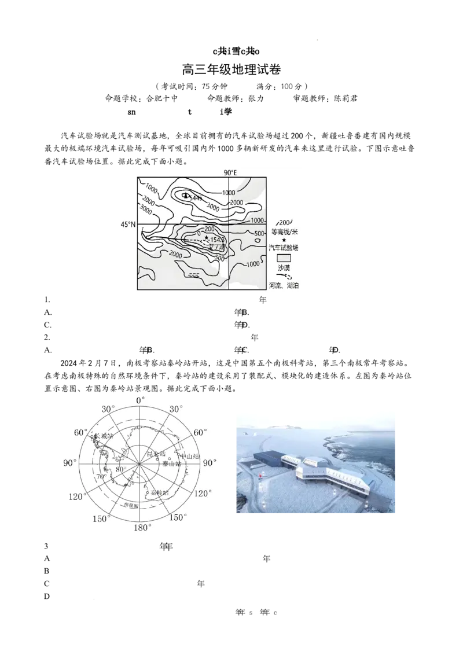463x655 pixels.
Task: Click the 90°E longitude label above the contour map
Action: (x=231, y=172)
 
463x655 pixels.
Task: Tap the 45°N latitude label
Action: (x=127, y=223)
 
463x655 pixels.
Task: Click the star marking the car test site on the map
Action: (x=206, y=237)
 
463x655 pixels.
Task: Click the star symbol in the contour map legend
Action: (x=284, y=240)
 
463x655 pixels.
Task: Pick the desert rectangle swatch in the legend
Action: (x=283, y=258)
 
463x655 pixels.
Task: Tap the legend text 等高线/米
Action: (x=284, y=231)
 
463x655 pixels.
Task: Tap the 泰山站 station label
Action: (x=172, y=463)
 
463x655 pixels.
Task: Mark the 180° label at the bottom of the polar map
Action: (x=142, y=528)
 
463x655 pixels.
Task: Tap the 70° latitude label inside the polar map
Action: (x=101, y=477)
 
